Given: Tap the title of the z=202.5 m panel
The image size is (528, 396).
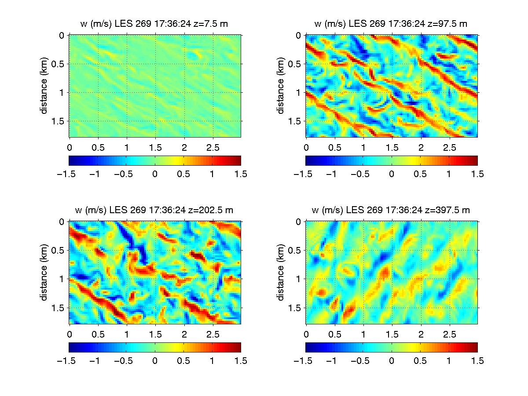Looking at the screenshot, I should [x=155, y=211].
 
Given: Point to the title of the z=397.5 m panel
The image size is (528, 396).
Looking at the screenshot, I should [x=391, y=211].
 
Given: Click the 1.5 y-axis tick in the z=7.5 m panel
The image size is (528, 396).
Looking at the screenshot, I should [x=58, y=121].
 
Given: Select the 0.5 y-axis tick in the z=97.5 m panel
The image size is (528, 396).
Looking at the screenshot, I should [x=294, y=64].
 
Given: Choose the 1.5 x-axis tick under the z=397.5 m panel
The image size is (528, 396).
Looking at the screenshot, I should [x=392, y=332].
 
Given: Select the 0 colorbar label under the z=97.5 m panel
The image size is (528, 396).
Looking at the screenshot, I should [x=391, y=174].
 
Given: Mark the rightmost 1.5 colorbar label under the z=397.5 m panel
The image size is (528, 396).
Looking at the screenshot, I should [x=477, y=361].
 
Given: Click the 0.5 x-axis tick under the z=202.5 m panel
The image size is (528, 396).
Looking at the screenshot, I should [x=98, y=332].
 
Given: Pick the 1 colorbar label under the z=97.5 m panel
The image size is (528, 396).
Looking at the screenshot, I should [x=448, y=174].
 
